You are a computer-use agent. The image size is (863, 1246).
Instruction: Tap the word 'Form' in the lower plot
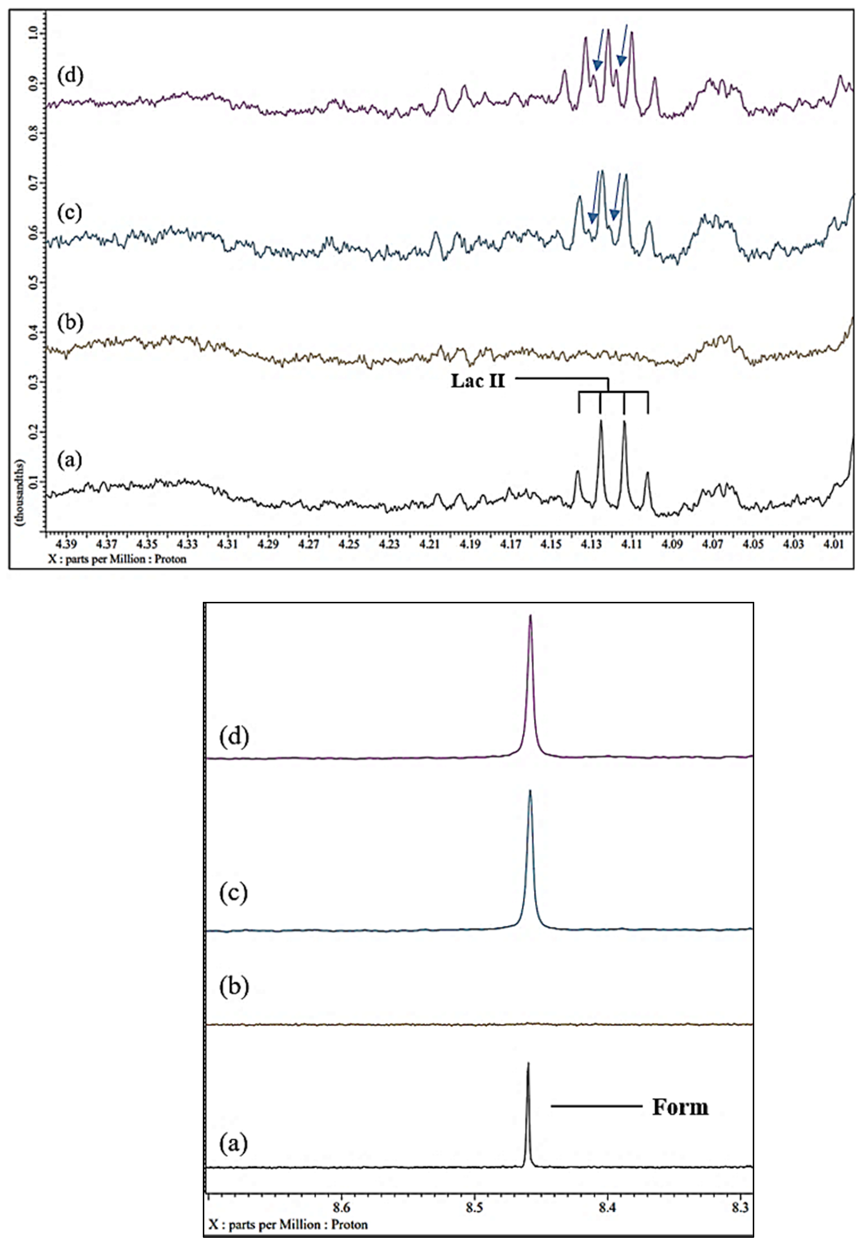[680, 1107]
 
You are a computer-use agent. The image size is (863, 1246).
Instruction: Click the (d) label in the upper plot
[70, 76]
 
